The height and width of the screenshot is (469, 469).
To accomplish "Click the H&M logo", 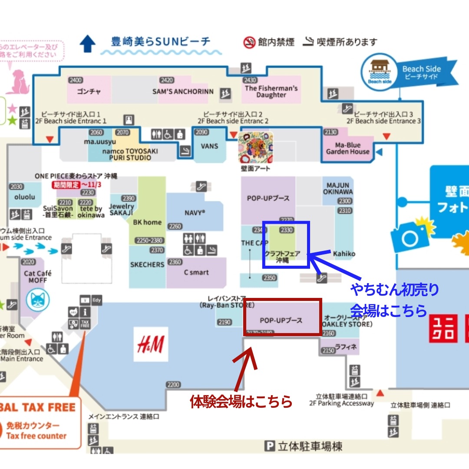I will click(x=150, y=344).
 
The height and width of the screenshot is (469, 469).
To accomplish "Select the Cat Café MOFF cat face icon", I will click(x=38, y=299).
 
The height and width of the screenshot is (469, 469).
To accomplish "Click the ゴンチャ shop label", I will click(x=89, y=92).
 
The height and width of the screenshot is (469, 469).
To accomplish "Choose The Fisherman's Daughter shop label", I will click(x=271, y=91).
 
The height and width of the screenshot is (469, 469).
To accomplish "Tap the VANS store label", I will click(x=209, y=146).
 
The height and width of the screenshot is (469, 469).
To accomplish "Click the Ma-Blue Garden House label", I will click(x=348, y=148).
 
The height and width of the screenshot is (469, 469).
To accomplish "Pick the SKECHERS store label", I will click(x=147, y=264).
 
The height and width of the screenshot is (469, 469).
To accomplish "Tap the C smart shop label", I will click(x=196, y=272).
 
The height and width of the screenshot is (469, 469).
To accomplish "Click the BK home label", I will click(x=147, y=222).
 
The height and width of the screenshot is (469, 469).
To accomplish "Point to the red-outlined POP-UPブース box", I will click(x=282, y=317).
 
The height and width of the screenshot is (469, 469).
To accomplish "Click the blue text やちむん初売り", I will click(x=394, y=290).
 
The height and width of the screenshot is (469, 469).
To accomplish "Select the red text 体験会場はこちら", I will click(x=241, y=402).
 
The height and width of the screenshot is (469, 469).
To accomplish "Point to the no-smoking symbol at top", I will click(x=249, y=42).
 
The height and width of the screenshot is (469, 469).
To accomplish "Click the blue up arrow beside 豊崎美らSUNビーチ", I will click(x=88, y=43).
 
